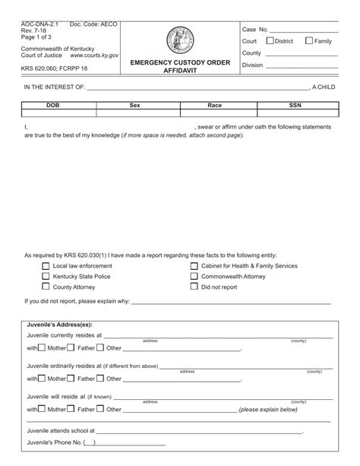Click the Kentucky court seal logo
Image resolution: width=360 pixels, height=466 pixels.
click(178, 40)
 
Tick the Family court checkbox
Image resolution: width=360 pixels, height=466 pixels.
click(309, 41)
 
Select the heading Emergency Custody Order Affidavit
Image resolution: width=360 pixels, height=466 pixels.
click(178, 66)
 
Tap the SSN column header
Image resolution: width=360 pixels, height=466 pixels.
click(294, 106)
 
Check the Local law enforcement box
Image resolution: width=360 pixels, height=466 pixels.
click(46, 266)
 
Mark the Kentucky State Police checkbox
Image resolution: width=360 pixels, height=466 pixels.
click(46, 277)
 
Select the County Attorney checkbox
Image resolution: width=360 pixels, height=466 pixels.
click(46, 287)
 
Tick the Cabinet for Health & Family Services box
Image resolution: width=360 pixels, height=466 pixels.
click(194, 266)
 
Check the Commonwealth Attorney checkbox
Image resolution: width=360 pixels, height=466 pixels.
click(194, 277)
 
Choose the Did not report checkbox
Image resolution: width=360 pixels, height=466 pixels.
click(194, 287)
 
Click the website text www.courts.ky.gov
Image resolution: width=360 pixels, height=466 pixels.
click(94, 55)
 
